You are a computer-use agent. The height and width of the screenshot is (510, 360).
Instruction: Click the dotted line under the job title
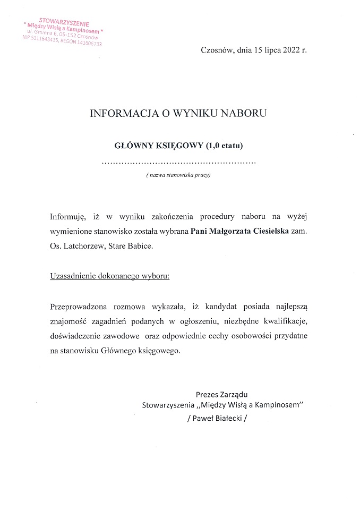[178, 161]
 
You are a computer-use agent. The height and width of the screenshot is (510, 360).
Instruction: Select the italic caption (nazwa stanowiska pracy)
[178, 175]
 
